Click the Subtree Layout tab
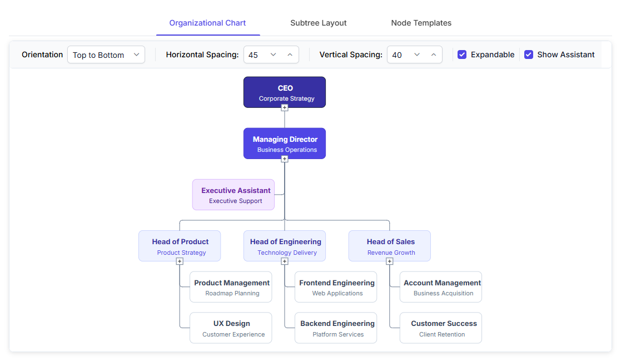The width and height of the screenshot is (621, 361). pos(318,23)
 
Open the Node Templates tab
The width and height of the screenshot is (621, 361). pos(421,23)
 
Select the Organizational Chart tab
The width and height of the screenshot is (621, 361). pos(207,23)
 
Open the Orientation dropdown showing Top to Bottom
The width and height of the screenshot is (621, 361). pos(106,55)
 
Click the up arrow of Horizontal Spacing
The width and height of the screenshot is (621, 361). pos(290,55)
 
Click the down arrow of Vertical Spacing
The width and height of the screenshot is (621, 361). pos(416,55)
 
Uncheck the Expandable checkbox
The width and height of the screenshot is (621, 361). pos(462,55)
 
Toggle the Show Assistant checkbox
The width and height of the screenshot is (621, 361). pos(528,55)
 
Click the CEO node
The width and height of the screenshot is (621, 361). pos(284,92)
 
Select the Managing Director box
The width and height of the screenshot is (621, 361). pos(284,144)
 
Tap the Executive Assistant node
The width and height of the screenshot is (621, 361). pos(234,195)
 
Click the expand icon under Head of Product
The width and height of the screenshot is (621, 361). pos(180,261)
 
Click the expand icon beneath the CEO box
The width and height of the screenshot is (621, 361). pos(284,108)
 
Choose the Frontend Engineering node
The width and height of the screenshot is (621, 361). pos(336,287)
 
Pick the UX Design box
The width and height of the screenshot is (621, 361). pos(231,328)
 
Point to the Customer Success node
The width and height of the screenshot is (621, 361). pos(441,328)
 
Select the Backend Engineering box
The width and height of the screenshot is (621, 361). pos(336,328)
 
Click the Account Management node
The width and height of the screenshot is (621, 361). pos(441,287)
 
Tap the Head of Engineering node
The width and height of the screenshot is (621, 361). pos(284,246)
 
